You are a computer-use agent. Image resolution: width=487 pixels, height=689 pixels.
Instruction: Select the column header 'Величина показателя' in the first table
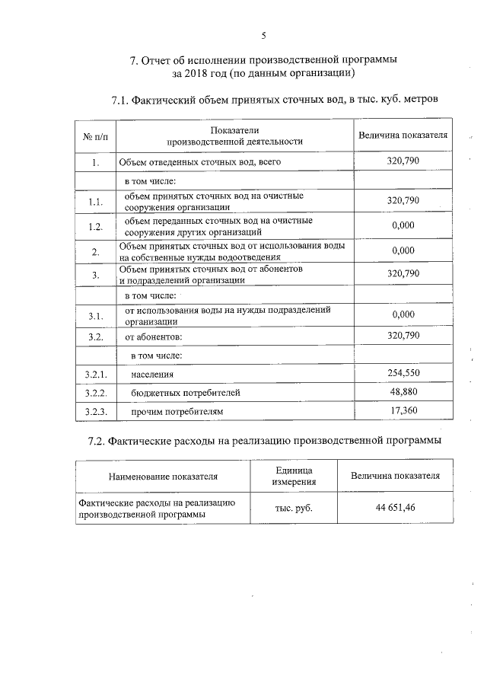click(x=403, y=135)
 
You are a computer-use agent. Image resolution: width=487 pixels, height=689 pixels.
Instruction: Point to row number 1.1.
click(x=95, y=202)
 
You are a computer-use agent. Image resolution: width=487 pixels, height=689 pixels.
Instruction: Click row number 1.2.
click(x=95, y=227)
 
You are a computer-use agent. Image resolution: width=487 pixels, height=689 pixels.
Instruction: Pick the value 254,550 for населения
click(x=403, y=372)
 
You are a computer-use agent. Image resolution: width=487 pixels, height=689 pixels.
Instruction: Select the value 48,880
click(x=403, y=391)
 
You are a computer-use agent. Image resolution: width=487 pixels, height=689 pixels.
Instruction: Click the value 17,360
click(x=403, y=411)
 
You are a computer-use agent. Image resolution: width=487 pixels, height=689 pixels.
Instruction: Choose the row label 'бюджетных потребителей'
click(x=186, y=393)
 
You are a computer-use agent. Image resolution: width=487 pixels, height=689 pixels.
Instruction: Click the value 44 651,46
click(x=394, y=508)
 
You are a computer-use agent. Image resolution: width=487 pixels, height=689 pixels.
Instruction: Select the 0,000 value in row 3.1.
click(x=403, y=314)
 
